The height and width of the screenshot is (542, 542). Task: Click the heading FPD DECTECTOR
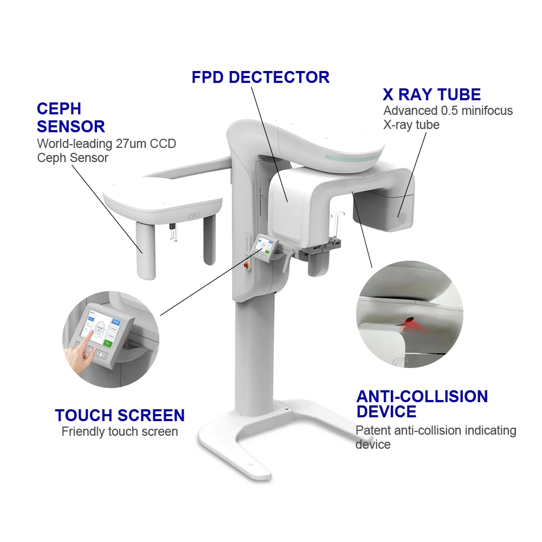click(x=260, y=77)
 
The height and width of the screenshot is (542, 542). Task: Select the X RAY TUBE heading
click(x=431, y=95)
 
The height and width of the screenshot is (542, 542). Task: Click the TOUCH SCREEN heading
click(x=120, y=415)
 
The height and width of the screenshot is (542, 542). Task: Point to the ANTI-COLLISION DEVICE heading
click(x=422, y=404)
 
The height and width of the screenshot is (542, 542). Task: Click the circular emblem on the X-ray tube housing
click(x=402, y=220)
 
